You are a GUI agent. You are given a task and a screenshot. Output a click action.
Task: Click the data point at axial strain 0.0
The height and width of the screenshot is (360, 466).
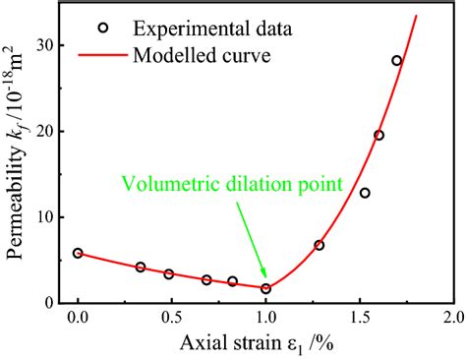point(78,253)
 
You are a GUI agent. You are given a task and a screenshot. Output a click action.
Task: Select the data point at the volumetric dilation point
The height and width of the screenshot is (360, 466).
point(265,288)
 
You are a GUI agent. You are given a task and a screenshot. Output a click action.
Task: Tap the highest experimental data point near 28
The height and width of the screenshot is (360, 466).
point(397,61)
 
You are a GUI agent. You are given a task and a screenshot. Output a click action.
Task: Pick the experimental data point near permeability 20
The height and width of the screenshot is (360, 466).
point(379,135)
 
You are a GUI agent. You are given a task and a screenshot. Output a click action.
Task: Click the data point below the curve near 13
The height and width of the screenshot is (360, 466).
point(365,193)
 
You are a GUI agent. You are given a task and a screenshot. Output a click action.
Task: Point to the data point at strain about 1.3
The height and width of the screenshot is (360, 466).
point(319,245)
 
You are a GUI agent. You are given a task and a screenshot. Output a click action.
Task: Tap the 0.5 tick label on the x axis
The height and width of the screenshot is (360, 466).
point(171,321)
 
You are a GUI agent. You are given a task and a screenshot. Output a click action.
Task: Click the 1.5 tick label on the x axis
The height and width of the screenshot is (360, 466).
point(359,321)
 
